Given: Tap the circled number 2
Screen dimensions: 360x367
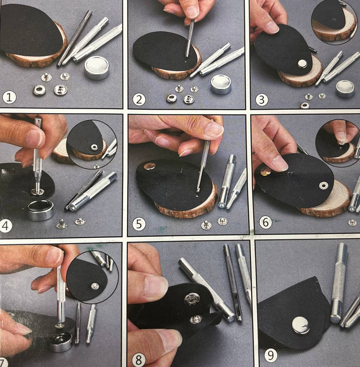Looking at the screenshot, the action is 139,99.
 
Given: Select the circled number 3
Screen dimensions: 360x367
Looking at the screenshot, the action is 261,100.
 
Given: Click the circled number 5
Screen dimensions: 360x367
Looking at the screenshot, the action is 139,224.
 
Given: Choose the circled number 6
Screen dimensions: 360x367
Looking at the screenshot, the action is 265,222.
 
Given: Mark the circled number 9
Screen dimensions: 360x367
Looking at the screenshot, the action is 270,355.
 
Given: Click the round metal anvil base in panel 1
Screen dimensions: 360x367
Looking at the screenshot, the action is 97,68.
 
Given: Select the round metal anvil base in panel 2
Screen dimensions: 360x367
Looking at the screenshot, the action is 221,84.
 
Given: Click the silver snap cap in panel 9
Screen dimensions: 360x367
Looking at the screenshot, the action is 301,325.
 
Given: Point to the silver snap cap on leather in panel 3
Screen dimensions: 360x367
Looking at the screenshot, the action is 302,63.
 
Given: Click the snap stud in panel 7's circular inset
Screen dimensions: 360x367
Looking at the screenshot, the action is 95,286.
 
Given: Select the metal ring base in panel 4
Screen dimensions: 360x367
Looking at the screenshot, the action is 40,210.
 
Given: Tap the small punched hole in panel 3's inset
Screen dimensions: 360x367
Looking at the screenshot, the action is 334,19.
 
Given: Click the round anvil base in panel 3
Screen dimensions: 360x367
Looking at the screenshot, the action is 345,89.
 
